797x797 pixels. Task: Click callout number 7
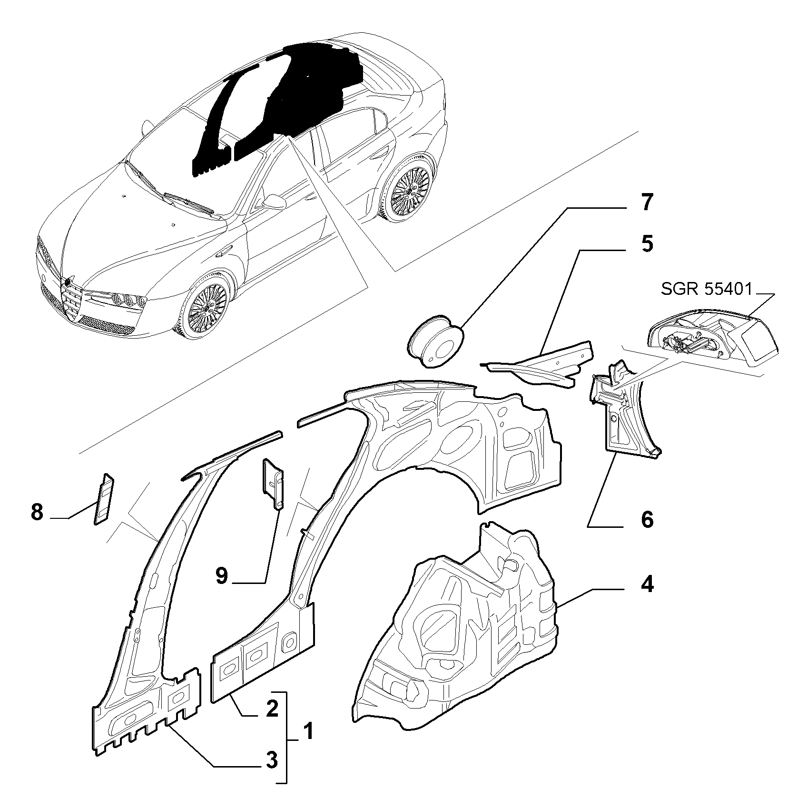coord(646,203)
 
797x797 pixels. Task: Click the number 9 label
coord(222,576)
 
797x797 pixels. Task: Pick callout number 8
coord(37,513)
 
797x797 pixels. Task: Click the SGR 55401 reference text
coord(706,289)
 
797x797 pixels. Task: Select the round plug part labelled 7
coord(436,340)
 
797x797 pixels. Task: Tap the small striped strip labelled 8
coord(104,498)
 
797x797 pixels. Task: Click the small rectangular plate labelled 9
coord(274,483)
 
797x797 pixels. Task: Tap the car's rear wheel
coord(410,186)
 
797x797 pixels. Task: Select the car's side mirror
coord(275,201)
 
